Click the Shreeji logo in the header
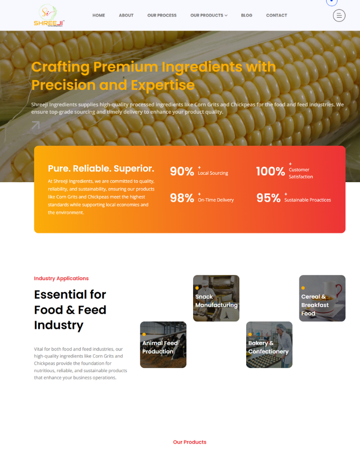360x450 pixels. [x=49, y=15]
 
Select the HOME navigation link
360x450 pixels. [x=99, y=15]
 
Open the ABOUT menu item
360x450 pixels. [x=126, y=15]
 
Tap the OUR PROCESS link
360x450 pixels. [x=162, y=15]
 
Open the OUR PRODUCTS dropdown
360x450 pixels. [x=209, y=15]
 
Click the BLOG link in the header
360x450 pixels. [x=247, y=15]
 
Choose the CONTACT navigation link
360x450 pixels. [x=276, y=15]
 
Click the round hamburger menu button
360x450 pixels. [x=339, y=15]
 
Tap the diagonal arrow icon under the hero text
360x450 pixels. [x=36, y=125]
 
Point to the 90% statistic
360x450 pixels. [x=182, y=171]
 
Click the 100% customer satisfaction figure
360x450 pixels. [x=270, y=171]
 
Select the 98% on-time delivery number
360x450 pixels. [x=182, y=198]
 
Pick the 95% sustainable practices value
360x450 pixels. [x=268, y=198]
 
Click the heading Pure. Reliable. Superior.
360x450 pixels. [x=101, y=168]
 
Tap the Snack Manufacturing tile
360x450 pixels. [x=216, y=298]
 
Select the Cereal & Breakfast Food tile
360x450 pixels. [x=322, y=298]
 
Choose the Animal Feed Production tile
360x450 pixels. [x=163, y=345]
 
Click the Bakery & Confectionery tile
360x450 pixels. [x=269, y=345]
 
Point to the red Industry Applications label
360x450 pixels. [x=61, y=279]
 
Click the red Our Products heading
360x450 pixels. [x=190, y=442]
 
